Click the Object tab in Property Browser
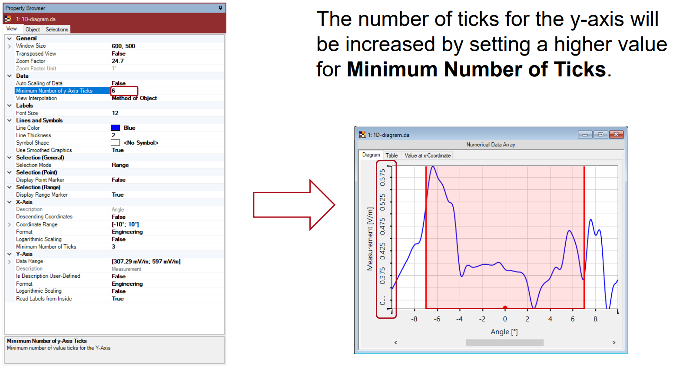(x=33, y=29)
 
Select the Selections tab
(x=57, y=29)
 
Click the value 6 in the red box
(x=113, y=91)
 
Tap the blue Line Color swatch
(x=116, y=128)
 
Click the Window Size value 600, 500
(x=123, y=46)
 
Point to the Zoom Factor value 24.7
(x=118, y=61)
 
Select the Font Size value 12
(x=115, y=113)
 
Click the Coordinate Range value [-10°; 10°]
(x=125, y=224)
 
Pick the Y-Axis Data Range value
(x=146, y=261)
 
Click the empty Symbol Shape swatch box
(x=116, y=142)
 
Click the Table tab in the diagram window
(x=391, y=155)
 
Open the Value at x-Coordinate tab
(x=428, y=155)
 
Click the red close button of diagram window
(x=616, y=135)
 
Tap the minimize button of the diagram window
(x=585, y=135)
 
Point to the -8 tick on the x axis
(x=414, y=319)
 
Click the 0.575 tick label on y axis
(x=382, y=178)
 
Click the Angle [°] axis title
(x=504, y=332)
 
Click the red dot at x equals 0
(x=505, y=307)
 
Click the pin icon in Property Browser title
(x=221, y=8)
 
